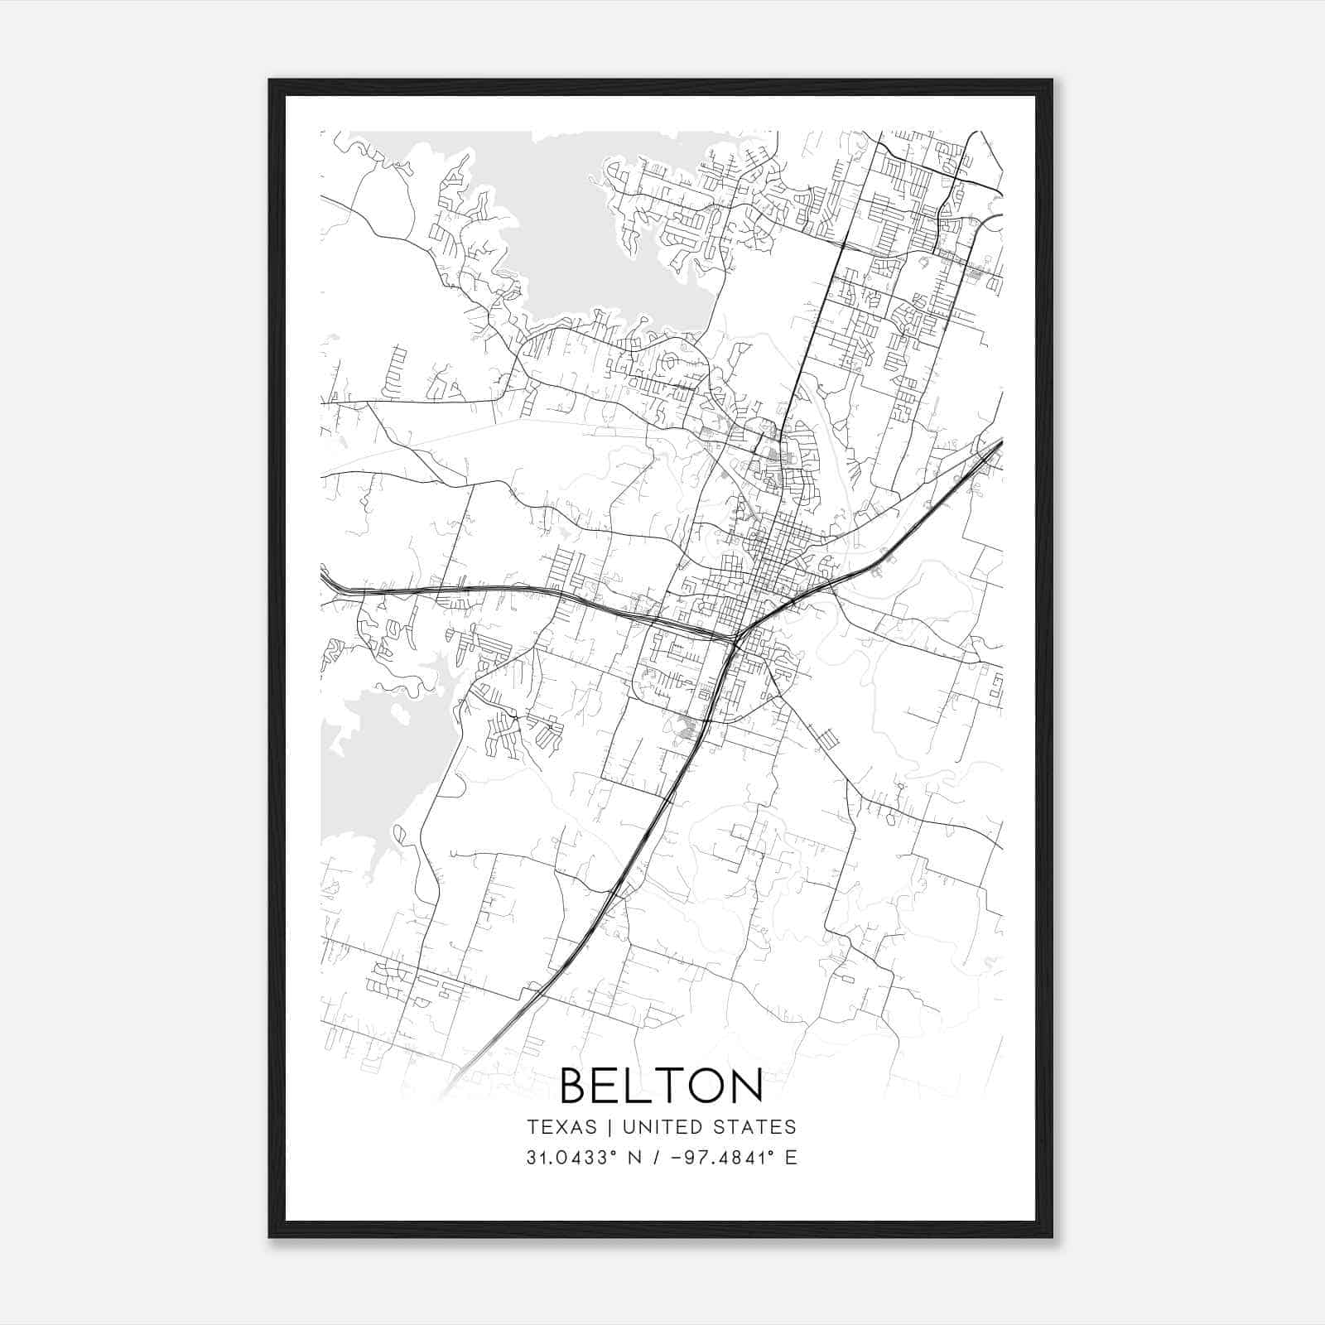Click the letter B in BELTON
[x=577, y=1085]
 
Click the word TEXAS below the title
[x=561, y=1127]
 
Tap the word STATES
[x=755, y=1127]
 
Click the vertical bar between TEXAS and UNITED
[x=609, y=1127]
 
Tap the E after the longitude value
[x=792, y=1158]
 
